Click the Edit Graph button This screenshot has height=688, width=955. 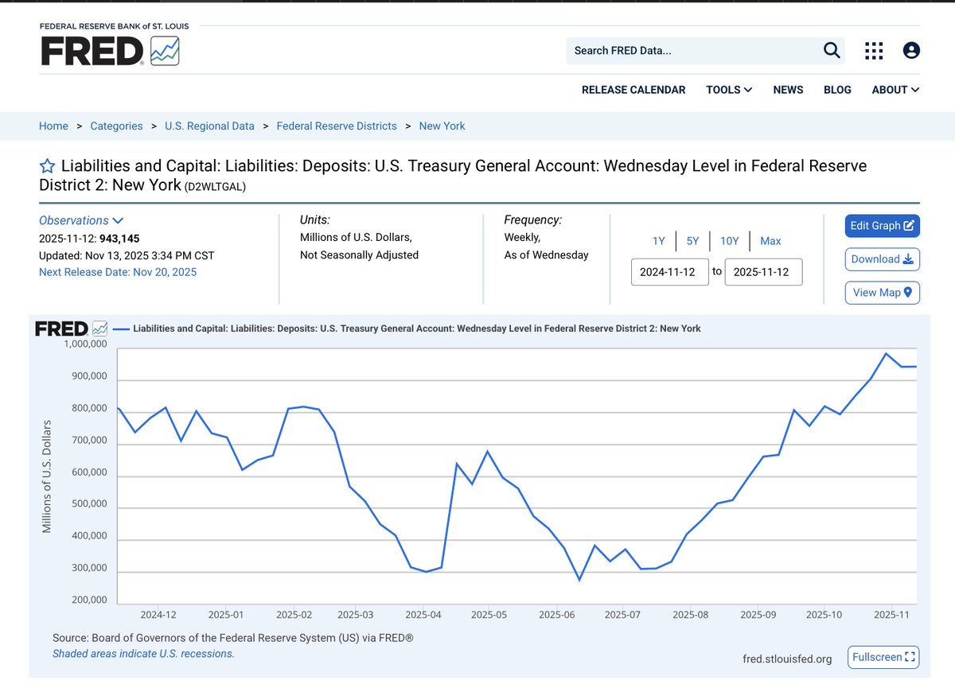point(882,226)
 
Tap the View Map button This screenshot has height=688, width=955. point(882,293)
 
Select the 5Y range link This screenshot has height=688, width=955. point(692,241)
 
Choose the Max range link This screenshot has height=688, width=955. point(770,241)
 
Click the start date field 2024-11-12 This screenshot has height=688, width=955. point(669,272)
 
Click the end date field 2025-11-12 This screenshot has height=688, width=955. point(763,272)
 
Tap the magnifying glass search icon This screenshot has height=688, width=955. point(832,51)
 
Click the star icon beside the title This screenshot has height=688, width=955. point(47,166)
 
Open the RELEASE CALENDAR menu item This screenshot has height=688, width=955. point(633,90)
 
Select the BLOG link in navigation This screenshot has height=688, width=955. point(837,90)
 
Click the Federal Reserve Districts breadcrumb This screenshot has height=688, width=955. point(336,126)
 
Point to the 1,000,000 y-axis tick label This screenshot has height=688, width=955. point(85,344)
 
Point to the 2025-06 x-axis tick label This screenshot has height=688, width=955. point(556,615)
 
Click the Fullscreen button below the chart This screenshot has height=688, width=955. point(883,657)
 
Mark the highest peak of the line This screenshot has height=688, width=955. point(886,353)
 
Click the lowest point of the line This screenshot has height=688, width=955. point(579,580)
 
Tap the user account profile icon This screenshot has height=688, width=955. point(911,51)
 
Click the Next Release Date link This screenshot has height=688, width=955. point(118,272)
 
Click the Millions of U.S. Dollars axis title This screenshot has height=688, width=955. point(47,476)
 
